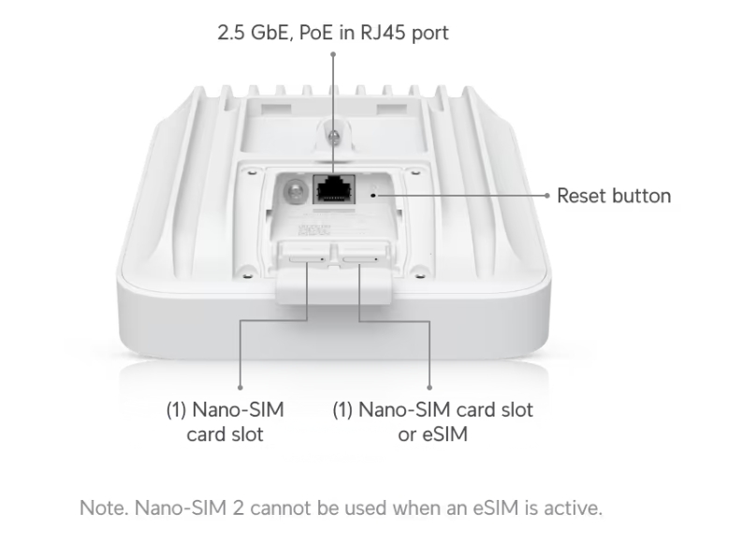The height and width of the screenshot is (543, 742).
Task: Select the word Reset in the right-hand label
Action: coord(582,197)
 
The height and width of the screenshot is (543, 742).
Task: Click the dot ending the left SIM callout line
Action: coord(240,387)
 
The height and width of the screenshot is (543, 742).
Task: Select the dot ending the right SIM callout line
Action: coord(429,387)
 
